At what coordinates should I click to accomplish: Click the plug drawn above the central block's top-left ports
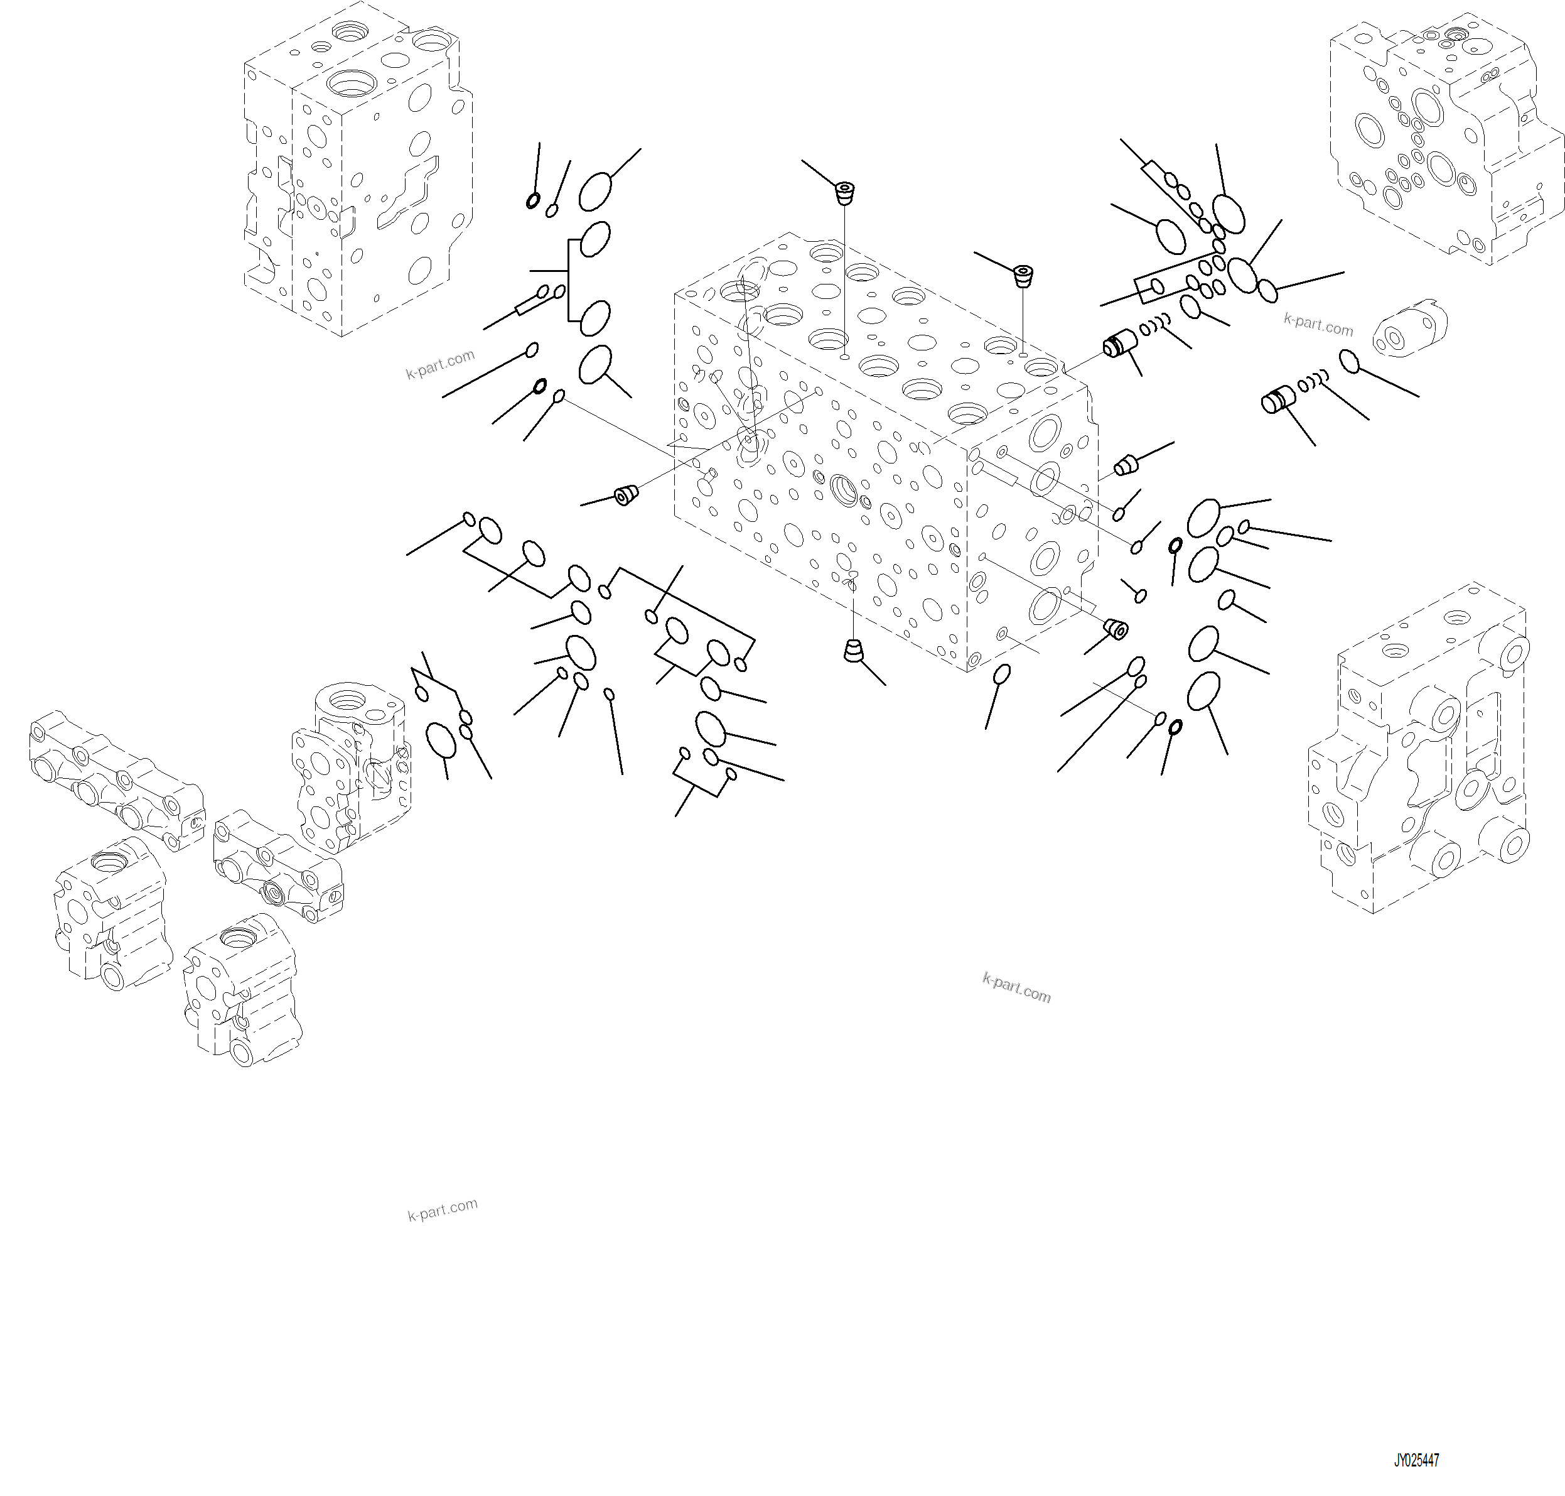click(x=844, y=192)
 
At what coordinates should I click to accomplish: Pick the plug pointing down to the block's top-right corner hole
click(x=1023, y=276)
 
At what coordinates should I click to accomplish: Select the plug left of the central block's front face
click(x=627, y=495)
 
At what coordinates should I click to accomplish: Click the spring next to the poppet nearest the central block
click(x=1155, y=325)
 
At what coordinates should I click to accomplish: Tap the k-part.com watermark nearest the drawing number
click(x=1016, y=989)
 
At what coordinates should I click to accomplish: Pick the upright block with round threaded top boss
click(x=351, y=766)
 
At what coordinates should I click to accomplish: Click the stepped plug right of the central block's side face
click(x=1125, y=464)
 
